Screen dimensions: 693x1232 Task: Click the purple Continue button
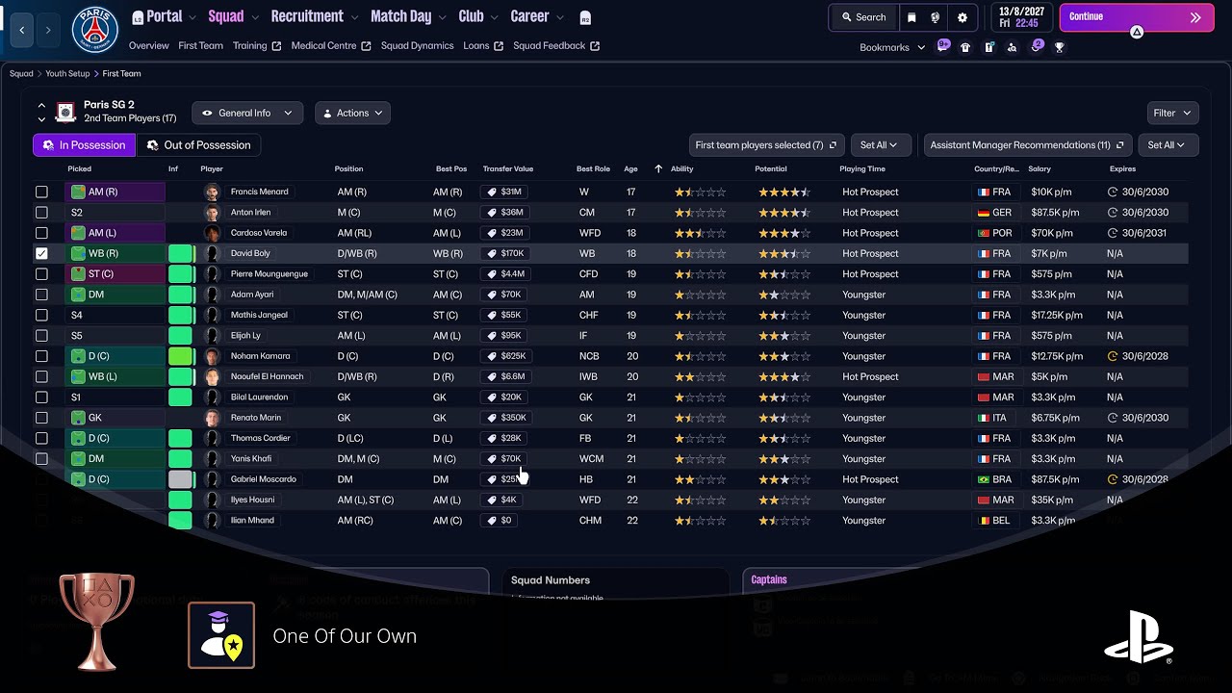pyautogui.click(x=1136, y=17)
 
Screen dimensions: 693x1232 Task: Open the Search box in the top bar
pyautogui.click(x=863, y=17)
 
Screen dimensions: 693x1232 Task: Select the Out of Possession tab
pyautogui.click(x=199, y=145)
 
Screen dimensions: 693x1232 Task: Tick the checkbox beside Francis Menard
pyautogui.click(x=41, y=192)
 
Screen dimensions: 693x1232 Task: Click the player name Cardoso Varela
pyautogui.click(x=259, y=233)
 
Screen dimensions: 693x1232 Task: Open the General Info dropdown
pyautogui.click(x=247, y=114)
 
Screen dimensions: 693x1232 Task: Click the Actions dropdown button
pyautogui.click(x=352, y=114)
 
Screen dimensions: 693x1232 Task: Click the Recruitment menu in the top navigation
pyautogui.click(x=307, y=17)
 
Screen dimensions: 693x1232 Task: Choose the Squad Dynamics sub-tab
pyautogui.click(x=417, y=46)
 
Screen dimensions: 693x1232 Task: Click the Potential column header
pyautogui.click(x=770, y=169)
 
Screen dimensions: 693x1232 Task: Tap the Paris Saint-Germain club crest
pyautogui.click(x=94, y=29)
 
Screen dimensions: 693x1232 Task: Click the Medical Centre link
pyautogui.click(x=323, y=46)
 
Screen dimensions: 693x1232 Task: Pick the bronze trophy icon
pyautogui.click(x=96, y=621)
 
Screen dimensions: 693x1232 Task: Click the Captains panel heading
pyautogui.click(x=769, y=580)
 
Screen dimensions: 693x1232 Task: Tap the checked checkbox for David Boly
pyautogui.click(x=41, y=253)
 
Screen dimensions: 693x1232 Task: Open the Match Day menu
pyautogui.click(x=401, y=17)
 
